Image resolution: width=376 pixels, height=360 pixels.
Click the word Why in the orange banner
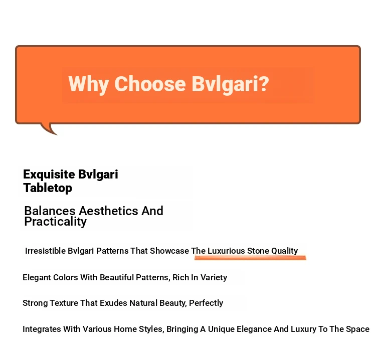[x=89, y=84]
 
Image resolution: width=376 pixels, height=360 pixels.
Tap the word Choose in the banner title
[x=150, y=84]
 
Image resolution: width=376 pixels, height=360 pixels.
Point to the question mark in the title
[x=264, y=83]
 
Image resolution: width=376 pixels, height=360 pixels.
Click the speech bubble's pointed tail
[x=50, y=129]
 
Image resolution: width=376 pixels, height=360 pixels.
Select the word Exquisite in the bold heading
[x=49, y=175]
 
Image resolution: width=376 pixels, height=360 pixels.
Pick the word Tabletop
[x=48, y=188]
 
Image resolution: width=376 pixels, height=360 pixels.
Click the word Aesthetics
[x=108, y=211]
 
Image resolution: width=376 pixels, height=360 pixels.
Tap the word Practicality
[x=55, y=222]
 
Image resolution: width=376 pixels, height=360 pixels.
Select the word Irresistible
[x=45, y=251]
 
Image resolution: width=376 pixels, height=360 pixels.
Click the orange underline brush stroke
[x=250, y=258]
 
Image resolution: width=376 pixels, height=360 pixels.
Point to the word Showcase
[x=169, y=251]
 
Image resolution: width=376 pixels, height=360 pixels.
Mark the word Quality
[x=285, y=251]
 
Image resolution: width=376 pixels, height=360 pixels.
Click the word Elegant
[x=37, y=278]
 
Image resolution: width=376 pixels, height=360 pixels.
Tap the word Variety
[x=214, y=278]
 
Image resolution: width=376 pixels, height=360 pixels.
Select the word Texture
[x=64, y=303]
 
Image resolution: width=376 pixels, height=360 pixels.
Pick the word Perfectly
[x=206, y=303]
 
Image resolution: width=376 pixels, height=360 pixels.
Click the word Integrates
[x=42, y=329]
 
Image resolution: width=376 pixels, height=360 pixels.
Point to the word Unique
[x=221, y=329]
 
